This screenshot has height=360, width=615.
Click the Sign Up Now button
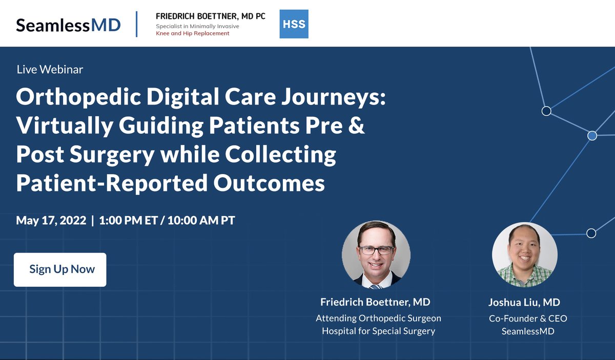click(x=60, y=269)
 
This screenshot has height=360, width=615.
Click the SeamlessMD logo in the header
click(x=68, y=24)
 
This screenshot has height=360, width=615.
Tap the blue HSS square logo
click(x=294, y=24)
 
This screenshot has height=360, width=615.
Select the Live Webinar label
click(x=50, y=69)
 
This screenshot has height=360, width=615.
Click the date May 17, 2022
click(x=51, y=221)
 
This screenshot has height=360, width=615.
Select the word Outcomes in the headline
click(x=269, y=183)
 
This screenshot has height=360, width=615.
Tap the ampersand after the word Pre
click(x=357, y=126)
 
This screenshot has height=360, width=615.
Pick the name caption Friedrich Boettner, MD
click(x=375, y=302)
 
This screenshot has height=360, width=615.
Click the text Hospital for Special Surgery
click(x=378, y=331)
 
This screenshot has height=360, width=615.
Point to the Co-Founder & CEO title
click(x=528, y=319)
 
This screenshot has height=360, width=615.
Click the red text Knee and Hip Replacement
click(x=193, y=33)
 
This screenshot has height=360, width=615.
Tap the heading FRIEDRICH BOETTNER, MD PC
click(x=211, y=16)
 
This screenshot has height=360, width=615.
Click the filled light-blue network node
click(x=592, y=136)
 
